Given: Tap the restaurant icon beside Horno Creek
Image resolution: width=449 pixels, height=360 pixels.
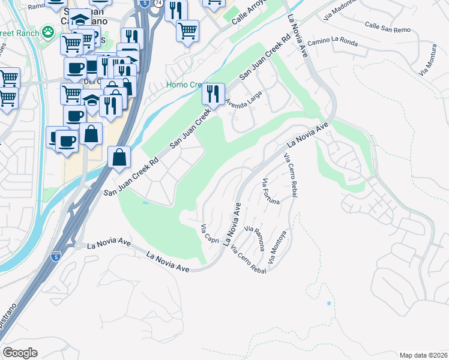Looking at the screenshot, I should coord(212,93).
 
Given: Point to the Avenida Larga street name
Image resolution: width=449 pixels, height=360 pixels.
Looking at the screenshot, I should coord(244,97).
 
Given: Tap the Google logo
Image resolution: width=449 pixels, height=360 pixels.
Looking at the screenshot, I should coord(20,352).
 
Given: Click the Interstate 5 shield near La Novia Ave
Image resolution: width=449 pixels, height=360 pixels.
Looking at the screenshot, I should coord(55,256).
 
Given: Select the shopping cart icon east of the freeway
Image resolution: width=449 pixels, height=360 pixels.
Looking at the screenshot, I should coord(187,29).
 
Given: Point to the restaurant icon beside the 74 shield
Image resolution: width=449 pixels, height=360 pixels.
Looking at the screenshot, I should coord(176,10).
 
